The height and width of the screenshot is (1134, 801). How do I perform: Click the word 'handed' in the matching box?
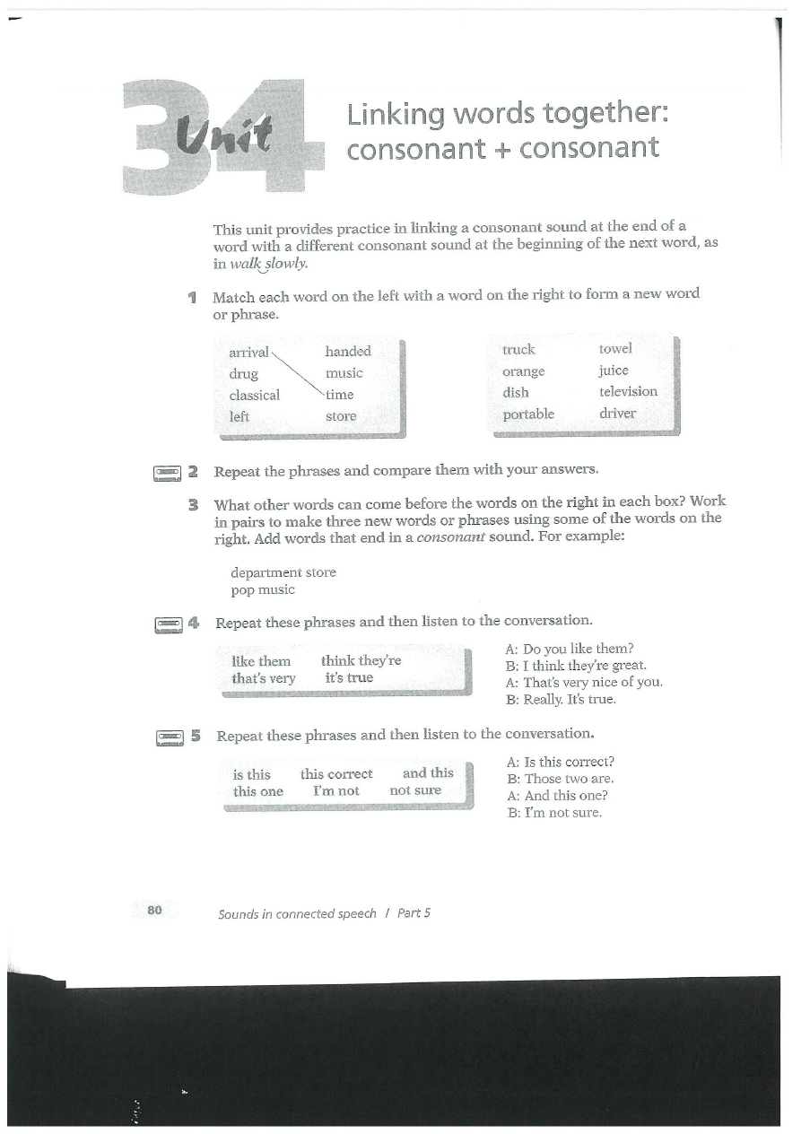pyautogui.click(x=347, y=351)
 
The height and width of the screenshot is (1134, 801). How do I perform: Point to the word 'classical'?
pyautogui.click(x=254, y=395)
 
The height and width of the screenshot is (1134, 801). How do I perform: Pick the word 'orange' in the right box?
pyautogui.click(x=523, y=371)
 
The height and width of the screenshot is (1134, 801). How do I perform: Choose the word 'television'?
pyautogui.click(x=628, y=391)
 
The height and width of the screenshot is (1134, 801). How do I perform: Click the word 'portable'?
pyautogui.click(x=527, y=414)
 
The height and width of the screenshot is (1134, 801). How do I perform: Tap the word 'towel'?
pyautogui.click(x=615, y=348)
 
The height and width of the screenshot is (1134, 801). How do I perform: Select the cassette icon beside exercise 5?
pyautogui.click(x=170, y=737)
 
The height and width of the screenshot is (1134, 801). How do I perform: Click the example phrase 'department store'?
pyautogui.click(x=283, y=571)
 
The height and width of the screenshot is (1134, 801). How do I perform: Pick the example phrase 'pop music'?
pyautogui.click(x=263, y=589)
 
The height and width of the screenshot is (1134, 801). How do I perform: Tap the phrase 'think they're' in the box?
pyautogui.click(x=361, y=660)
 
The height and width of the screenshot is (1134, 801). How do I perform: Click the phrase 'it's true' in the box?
pyautogui.click(x=349, y=677)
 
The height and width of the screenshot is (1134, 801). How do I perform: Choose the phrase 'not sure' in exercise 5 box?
pyautogui.click(x=415, y=790)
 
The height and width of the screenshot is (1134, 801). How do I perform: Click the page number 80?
pyautogui.click(x=154, y=910)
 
